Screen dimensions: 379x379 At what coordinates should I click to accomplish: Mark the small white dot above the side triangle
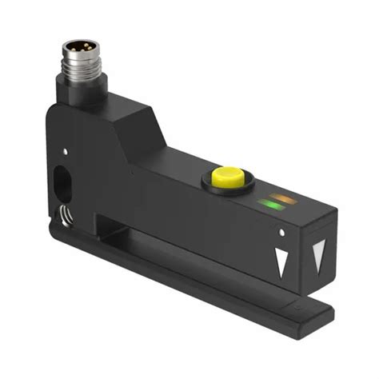click(x=282, y=233)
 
